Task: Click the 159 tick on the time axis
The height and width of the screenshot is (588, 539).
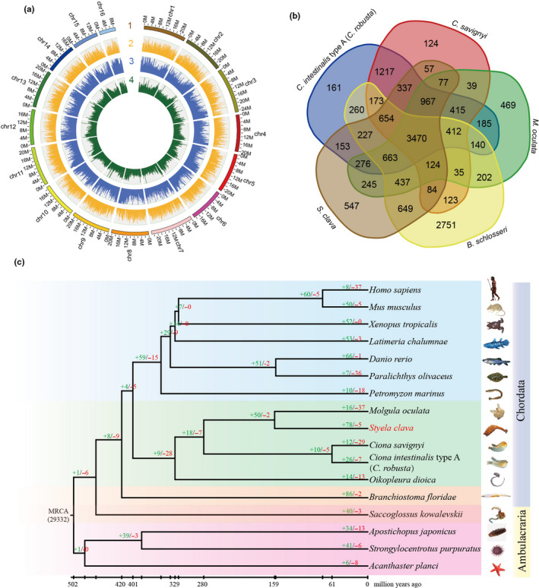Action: click(273, 583)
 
